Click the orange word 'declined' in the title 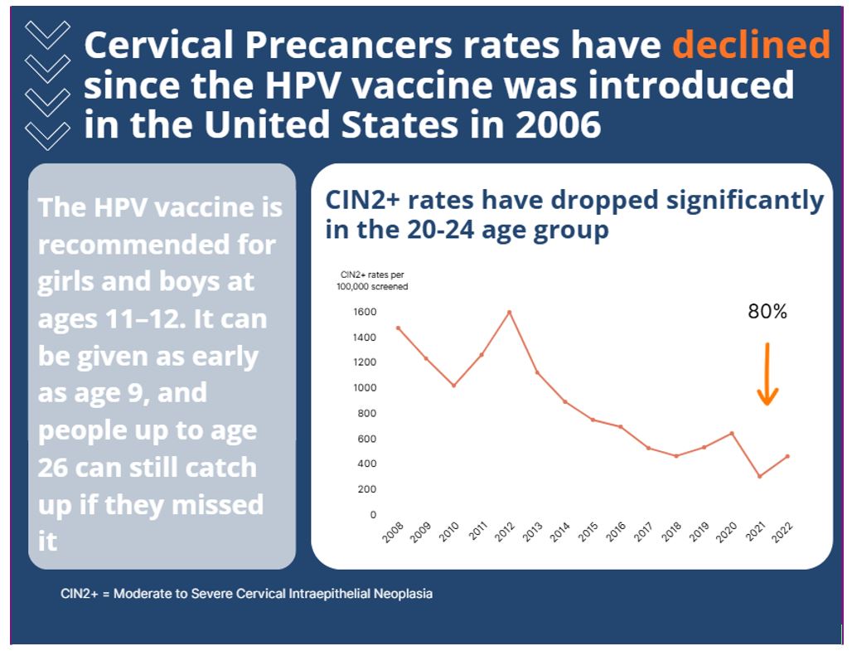(750, 45)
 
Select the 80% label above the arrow (767, 312)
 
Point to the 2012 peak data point (509, 312)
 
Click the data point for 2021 (759, 476)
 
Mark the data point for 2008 (398, 328)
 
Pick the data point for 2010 (453, 386)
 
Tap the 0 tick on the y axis (373, 514)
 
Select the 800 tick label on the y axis (366, 413)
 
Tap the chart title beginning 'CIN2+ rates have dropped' (574, 214)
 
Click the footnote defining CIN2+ (246, 594)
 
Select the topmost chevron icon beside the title (47, 34)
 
